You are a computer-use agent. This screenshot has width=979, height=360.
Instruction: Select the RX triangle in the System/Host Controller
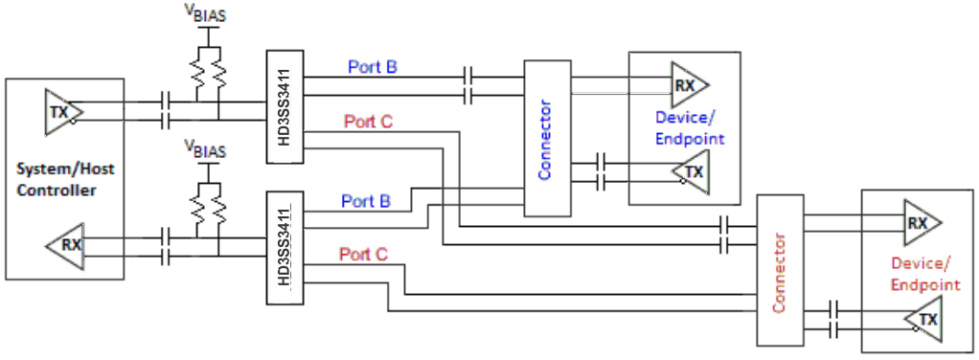[65, 245]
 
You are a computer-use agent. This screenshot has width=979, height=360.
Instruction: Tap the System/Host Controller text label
[63, 180]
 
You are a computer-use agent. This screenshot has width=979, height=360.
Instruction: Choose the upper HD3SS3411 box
[284, 105]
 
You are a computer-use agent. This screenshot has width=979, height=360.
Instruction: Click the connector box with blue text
[546, 138]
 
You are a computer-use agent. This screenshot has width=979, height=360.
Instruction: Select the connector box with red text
[778, 271]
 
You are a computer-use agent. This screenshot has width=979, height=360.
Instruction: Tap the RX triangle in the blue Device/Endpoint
[688, 85]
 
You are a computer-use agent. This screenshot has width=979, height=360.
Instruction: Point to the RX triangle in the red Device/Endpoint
[921, 223]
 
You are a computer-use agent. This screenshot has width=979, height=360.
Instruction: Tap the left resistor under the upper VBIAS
[197, 72]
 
